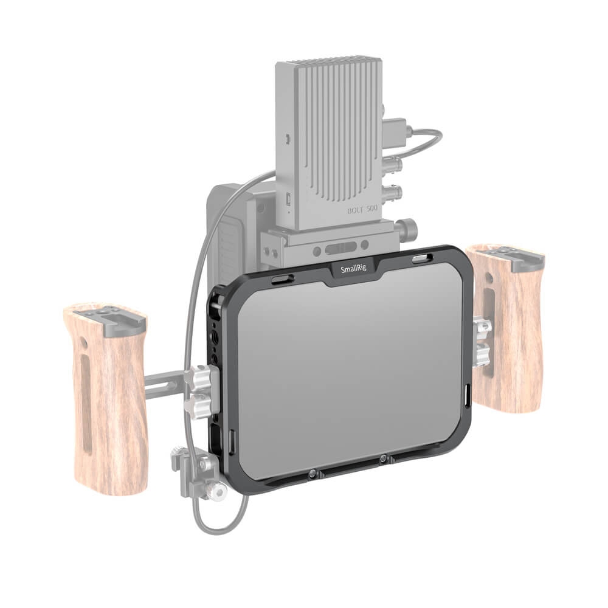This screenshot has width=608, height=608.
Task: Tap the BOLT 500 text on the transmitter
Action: (x=362, y=210)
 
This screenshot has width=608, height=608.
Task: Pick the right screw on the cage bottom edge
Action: (x=383, y=458)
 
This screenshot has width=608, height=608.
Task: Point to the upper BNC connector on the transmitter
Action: (x=391, y=165)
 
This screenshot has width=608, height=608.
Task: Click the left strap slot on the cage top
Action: (x=282, y=279)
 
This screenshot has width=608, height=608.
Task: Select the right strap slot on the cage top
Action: (x=422, y=257)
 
